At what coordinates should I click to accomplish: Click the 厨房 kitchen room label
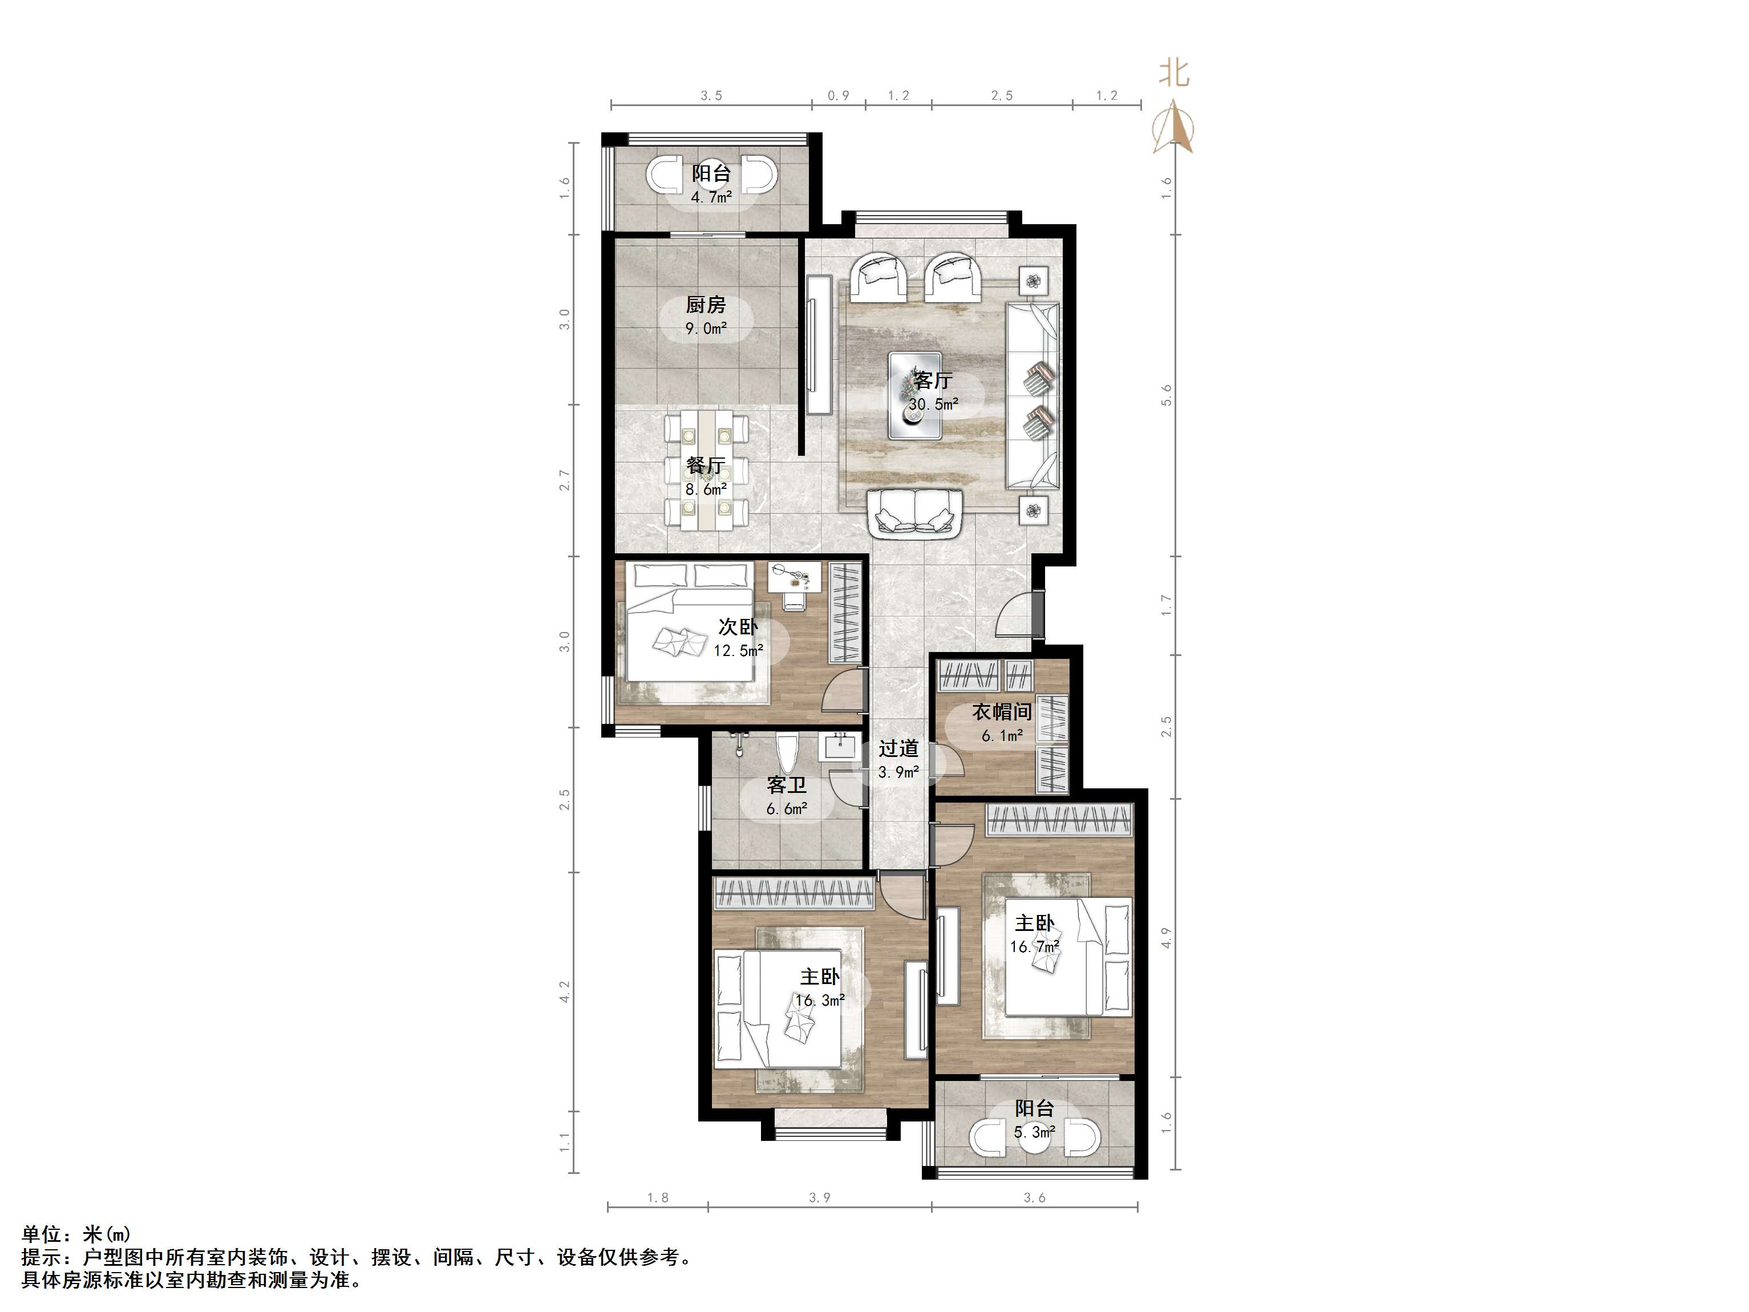point(705,305)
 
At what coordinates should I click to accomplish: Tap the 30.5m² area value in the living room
point(933,404)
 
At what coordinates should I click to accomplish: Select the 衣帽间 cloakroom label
point(1002,712)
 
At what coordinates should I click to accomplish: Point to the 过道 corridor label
point(898,748)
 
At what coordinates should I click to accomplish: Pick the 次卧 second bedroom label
point(738,627)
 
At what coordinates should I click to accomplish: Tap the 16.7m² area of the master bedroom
point(1034,946)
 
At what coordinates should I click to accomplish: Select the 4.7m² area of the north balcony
point(711,197)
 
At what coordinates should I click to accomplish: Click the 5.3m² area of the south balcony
point(1034,1132)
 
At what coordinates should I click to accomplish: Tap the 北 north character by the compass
point(1173,74)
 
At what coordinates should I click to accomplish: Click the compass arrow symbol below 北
point(1173,127)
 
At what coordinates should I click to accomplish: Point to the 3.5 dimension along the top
point(711,96)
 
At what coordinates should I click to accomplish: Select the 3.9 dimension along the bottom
point(819,1197)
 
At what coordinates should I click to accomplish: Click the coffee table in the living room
point(915,395)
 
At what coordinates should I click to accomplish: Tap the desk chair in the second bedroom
point(794,601)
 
